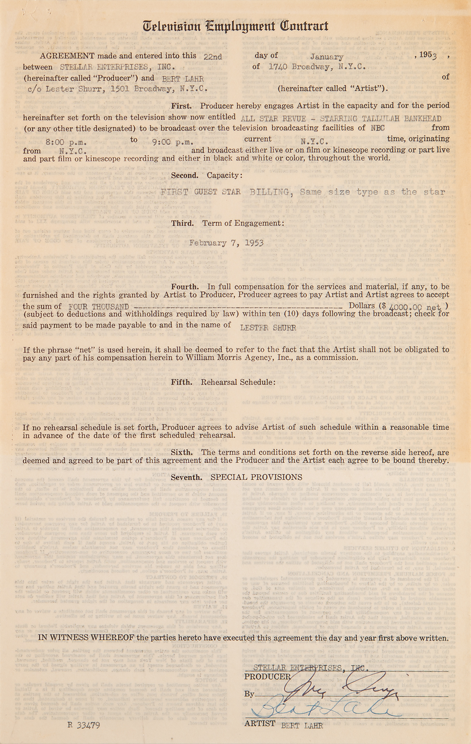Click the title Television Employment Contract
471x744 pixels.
tap(235, 26)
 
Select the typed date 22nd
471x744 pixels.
tap(213, 57)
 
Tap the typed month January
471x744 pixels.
tap(327, 57)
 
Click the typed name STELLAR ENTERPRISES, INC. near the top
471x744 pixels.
tap(117, 67)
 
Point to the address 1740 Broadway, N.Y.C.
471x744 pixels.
tap(317, 67)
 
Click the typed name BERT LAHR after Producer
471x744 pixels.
tap(183, 78)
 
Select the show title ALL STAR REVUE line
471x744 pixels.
tap(341, 119)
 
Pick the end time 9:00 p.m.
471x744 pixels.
tap(173, 142)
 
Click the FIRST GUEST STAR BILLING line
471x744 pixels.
tap(302, 192)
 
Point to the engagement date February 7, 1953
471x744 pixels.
tap(226, 243)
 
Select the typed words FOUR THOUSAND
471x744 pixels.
tap(99, 307)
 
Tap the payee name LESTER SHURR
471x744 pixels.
tap(268, 328)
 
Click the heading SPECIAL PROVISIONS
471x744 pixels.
tap(256, 477)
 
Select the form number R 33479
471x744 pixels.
tap(84, 725)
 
